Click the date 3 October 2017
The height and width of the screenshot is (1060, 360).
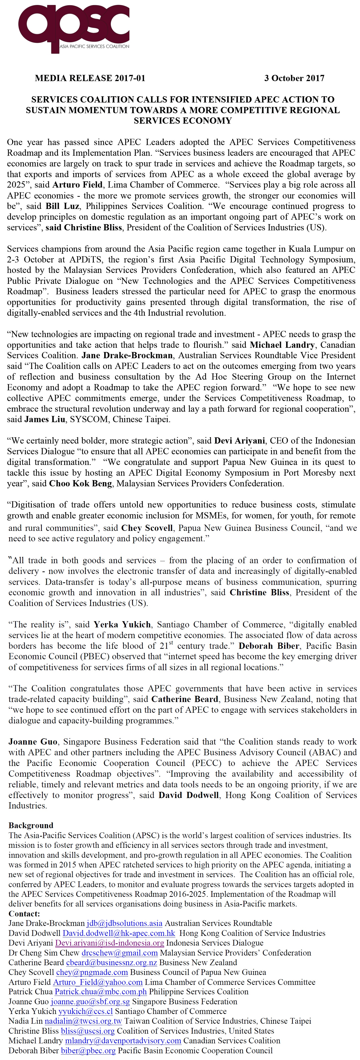pos(294,78)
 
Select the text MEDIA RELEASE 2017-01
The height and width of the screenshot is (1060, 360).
pos(90,78)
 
